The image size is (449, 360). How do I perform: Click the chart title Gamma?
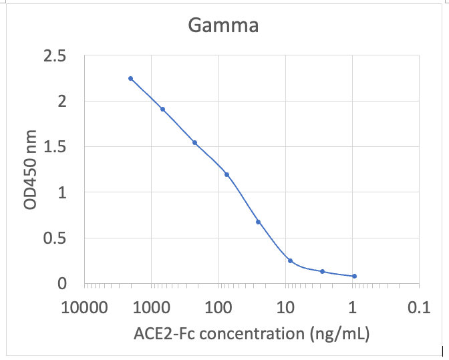click(x=222, y=26)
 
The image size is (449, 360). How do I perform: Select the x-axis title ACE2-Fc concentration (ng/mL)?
click(x=252, y=332)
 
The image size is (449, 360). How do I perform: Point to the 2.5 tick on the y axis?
click(x=55, y=56)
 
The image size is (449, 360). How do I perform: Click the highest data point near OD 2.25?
click(x=130, y=78)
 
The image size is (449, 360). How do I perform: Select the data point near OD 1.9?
click(x=162, y=109)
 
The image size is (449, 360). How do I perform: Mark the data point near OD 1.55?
click(x=194, y=142)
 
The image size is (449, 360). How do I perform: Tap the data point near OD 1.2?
click(x=227, y=174)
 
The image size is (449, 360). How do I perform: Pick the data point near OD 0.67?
click(x=258, y=222)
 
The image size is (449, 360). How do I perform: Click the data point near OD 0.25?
click(x=290, y=260)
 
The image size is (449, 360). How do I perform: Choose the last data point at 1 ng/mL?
click(x=354, y=276)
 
